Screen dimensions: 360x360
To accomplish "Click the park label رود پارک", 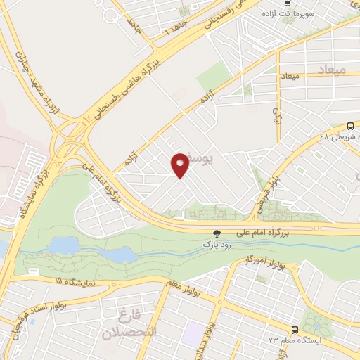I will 217,243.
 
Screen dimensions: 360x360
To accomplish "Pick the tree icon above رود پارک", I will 217,233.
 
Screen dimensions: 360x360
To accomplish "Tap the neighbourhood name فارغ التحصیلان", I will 130,323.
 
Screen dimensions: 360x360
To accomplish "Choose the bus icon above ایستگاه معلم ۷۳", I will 295,329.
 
